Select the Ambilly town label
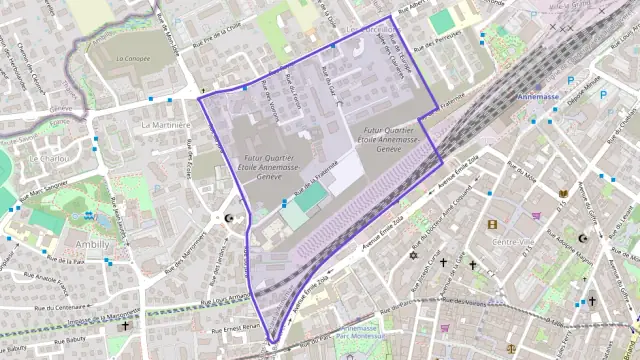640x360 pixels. pyautogui.click(x=92, y=243)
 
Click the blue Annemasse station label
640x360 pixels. pyautogui.click(x=542, y=97)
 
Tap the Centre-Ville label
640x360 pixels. pyautogui.click(x=514, y=242)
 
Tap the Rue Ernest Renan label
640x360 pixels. pyautogui.click(x=235, y=327)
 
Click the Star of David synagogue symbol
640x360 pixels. pyautogui.click(x=411, y=256)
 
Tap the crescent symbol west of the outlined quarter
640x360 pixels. pyautogui.click(x=231, y=218)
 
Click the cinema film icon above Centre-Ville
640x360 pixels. pyautogui.click(x=493, y=224)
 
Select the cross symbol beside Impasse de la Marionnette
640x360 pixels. pyautogui.click(x=125, y=325)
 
